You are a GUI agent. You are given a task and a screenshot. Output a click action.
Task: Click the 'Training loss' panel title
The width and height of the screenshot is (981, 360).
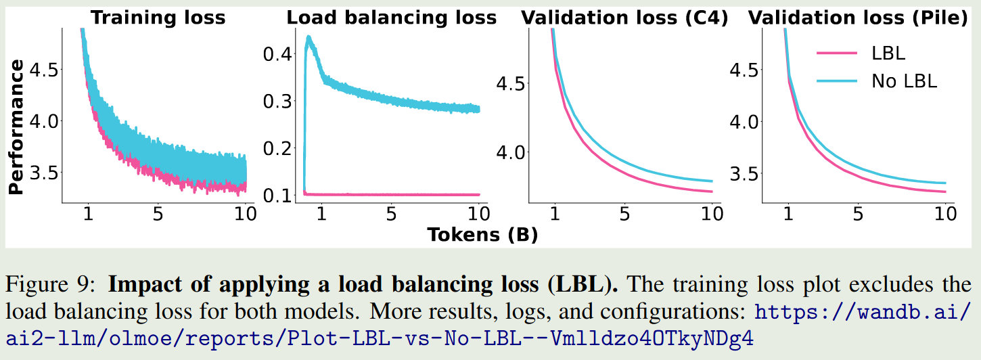(x=158, y=18)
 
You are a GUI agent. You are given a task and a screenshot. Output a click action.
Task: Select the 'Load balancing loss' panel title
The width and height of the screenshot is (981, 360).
(x=391, y=18)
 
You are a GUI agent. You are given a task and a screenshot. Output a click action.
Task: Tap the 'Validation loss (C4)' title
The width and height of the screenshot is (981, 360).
(x=624, y=18)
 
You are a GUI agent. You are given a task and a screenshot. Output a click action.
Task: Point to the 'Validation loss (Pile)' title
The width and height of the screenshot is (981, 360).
(x=858, y=18)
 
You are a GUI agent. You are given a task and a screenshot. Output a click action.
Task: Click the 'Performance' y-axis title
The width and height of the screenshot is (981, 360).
(x=16, y=127)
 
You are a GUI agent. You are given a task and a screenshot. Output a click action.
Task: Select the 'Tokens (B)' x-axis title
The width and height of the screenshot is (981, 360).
(x=482, y=235)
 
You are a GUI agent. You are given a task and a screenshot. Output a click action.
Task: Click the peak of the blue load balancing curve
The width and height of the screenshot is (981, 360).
(x=309, y=37)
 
